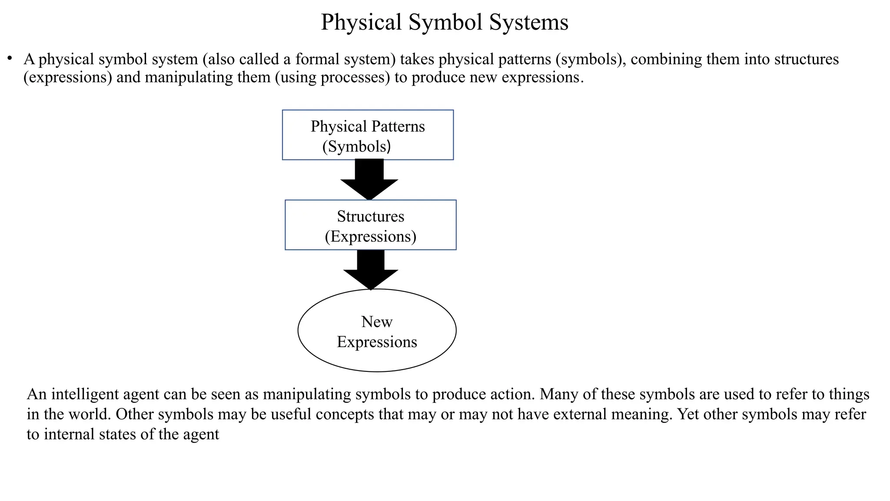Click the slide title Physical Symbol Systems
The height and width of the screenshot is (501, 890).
click(x=444, y=22)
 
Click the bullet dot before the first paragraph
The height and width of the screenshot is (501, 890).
click(x=10, y=58)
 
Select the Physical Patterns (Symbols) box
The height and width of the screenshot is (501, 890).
click(x=368, y=135)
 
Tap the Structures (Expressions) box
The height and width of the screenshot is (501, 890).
click(x=370, y=225)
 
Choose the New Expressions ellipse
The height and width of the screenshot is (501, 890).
click(x=377, y=331)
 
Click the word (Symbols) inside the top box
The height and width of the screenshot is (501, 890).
click(x=356, y=147)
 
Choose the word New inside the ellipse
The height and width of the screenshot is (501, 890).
click(x=377, y=322)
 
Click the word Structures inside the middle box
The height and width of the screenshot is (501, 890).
click(x=370, y=216)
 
